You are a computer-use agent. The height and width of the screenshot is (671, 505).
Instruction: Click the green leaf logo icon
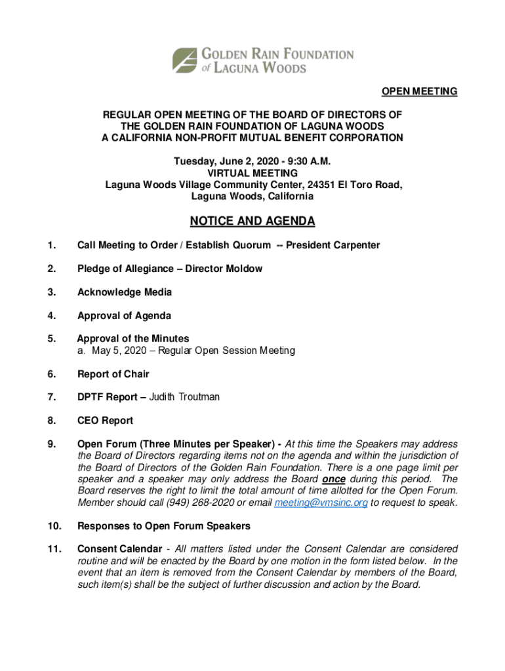tap(185, 60)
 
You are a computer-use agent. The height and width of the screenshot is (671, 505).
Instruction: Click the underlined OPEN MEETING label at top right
tap(420, 91)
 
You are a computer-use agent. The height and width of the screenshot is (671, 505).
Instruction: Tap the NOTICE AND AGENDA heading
tap(253, 221)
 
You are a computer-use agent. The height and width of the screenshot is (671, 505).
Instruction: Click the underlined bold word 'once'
tap(334, 479)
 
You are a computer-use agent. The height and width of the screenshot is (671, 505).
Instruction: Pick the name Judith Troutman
tap(184, 397)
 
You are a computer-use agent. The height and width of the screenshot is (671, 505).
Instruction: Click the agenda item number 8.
tap(51, 421)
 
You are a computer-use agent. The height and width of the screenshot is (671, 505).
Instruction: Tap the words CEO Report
tap(105, 421)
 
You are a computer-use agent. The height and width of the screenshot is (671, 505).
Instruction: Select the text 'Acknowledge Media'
tap(125, 292)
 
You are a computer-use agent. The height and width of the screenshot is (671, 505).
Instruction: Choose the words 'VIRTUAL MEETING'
tap(253, 173)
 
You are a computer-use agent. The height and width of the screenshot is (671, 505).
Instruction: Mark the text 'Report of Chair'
tap(113, 374)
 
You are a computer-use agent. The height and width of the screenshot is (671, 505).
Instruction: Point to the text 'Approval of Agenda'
tap(125, 316)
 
